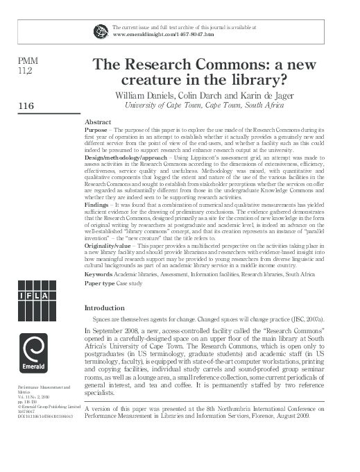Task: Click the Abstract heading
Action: (98, 121)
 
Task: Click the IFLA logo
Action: (33, 296)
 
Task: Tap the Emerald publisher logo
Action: (33, 353)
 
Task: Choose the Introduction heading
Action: (104, 307)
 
